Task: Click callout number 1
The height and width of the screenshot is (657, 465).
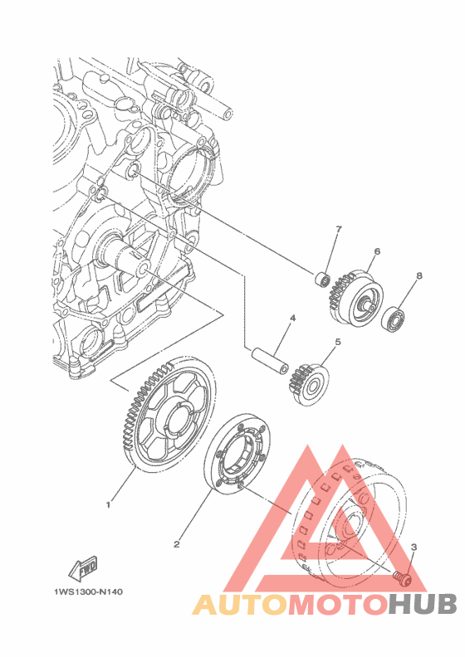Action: [x=108, y=505]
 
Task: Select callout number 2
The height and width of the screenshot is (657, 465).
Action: [x=177, y=544]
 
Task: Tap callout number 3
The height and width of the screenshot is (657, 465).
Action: [x=414, y=547]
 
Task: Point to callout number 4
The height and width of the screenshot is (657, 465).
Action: [x=292, y=319]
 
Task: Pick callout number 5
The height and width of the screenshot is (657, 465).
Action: [x=338, y=342]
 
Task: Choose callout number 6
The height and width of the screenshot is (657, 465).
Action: [x=377, y=252]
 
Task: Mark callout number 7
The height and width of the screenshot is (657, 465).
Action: [x=339, y=229]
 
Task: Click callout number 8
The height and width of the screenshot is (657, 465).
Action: [x=418, y=275]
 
